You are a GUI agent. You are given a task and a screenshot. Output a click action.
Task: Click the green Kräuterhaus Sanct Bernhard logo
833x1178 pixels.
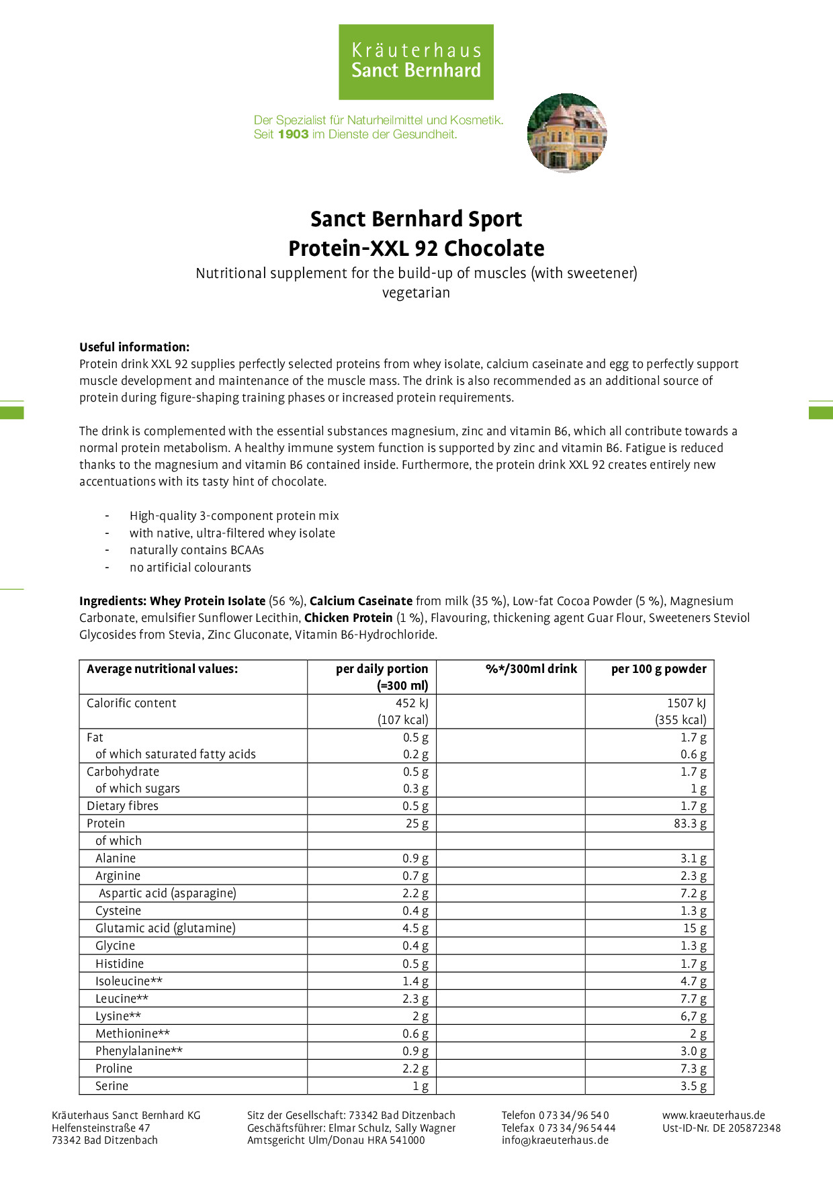[416, 62]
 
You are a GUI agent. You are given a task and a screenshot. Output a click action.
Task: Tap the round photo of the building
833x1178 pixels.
[567, 133]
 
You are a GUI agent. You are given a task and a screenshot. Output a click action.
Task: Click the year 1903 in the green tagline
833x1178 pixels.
[293, 134]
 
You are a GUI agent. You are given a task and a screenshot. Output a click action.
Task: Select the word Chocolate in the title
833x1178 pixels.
[494, 248]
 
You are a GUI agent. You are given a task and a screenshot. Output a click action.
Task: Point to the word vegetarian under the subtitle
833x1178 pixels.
[416, 293]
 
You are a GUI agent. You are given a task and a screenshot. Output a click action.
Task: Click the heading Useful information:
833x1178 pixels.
[134, 347]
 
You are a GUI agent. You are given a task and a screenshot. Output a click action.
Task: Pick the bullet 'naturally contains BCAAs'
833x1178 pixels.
[196, 550]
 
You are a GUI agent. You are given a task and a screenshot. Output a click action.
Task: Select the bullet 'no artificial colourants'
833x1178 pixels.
[190, 568]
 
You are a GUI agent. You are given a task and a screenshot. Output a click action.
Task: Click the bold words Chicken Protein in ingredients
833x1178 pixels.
[348, 618]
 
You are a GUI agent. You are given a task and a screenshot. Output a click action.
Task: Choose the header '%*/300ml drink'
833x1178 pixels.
[531, 669]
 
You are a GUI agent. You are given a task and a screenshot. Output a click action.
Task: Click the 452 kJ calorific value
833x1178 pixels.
[412, 703]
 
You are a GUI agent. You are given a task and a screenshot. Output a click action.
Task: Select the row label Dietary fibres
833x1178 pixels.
[122, 806]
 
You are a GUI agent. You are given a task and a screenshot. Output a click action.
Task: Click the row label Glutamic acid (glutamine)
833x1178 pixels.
[165, 928]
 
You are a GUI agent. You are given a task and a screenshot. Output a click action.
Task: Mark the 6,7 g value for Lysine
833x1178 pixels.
[693, 1016]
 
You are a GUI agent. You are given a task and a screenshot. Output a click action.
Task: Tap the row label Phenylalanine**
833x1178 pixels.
[139, 1051]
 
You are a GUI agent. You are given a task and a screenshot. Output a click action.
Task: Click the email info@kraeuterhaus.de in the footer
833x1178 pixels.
[555, 1140]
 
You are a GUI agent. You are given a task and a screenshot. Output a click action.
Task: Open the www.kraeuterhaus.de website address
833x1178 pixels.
[713, 1116]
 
